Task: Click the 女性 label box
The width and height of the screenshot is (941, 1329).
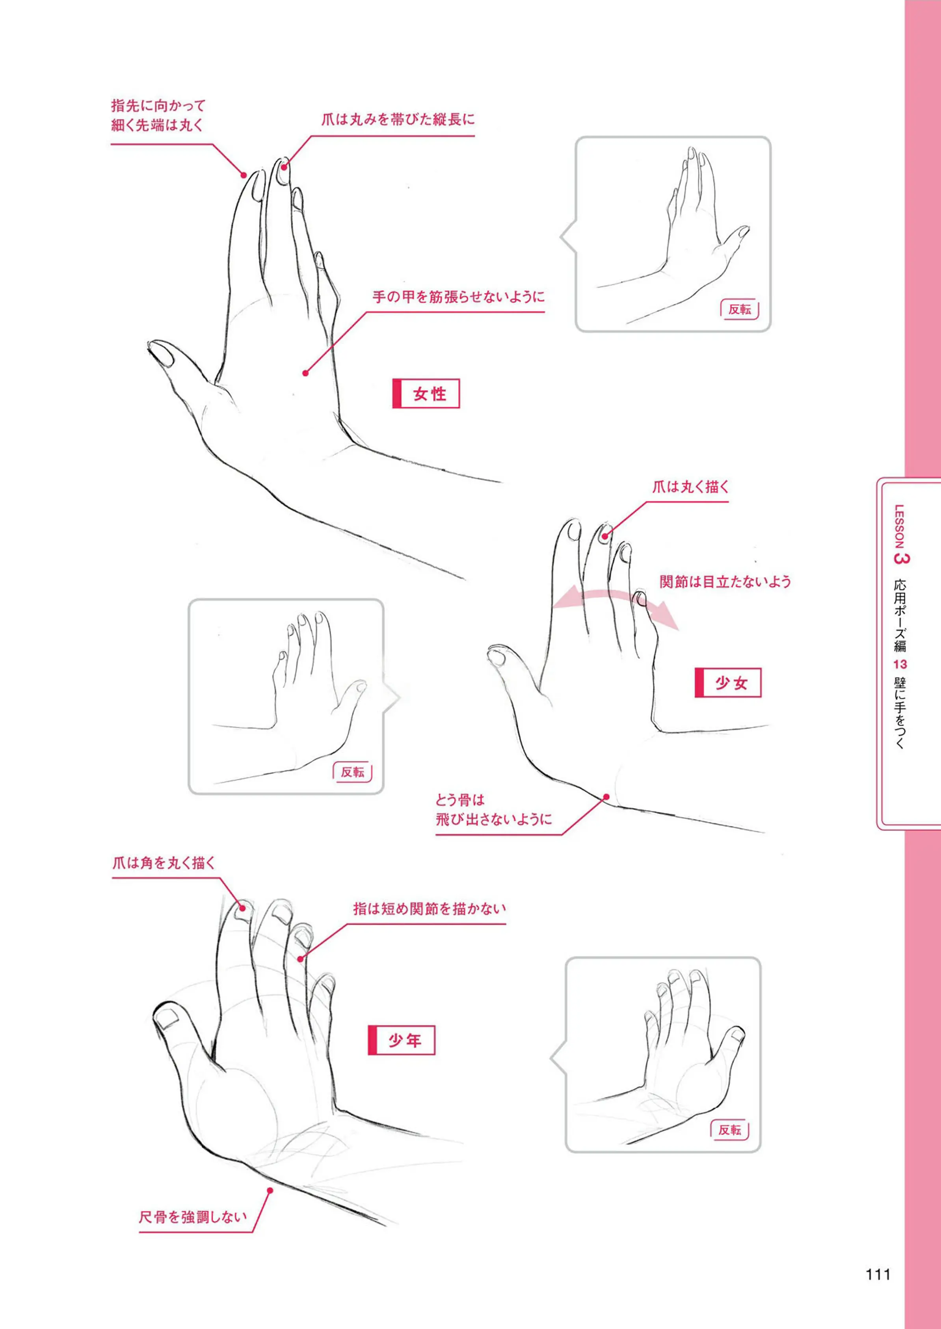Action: pyautogui.click(x=426, y=394)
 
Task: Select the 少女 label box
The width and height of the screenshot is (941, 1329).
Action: pyautogui.click(x=728, y=683)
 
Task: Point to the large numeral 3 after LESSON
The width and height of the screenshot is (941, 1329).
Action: pyautogui.click(x=902, y=558)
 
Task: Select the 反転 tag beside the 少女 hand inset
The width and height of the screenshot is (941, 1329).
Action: pyautogui.click(x=352, y=772)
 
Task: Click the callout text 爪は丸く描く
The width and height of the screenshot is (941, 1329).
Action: pyautogui.click(x=691, y=487)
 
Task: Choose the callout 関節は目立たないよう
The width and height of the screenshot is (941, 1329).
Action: pyautogui.click(x=725, y=582)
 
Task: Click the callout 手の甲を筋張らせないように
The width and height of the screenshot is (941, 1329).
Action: pyautogui.click(x=458, y=297)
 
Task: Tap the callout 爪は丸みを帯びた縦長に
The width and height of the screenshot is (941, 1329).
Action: pyautogui.click(x=398, y=120)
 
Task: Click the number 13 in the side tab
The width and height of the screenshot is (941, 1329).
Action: pyautogui.click(x=900, y=664)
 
